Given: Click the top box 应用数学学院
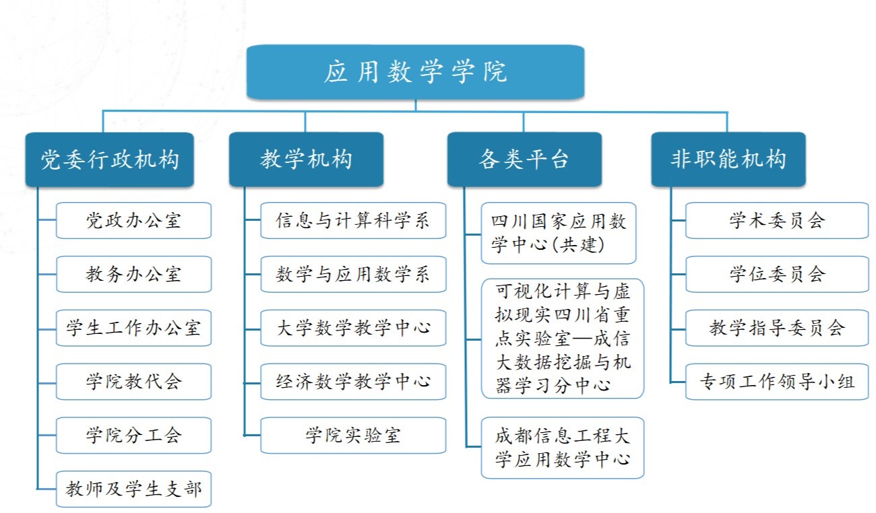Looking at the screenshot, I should click(415, 71).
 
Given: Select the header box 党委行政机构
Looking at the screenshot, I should click(110, 160).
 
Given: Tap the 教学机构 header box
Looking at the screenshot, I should click(306, 160).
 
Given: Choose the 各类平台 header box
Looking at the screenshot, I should click(524, 160).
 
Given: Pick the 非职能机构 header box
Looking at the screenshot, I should click(728, 160).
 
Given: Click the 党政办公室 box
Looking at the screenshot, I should click(133, 220).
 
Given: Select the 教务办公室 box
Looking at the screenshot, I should click(133, 274).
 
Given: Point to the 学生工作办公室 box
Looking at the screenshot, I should click(133, 328).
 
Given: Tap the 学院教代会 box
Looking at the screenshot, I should click(133, 382).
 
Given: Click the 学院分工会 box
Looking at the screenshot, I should click(133, 436).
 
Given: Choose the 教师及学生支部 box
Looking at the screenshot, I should click(133, 489).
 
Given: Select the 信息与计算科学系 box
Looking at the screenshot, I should click(353, 220).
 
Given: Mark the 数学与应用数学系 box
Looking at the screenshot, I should click(353, 274).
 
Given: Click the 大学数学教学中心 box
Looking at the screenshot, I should click(353, 328).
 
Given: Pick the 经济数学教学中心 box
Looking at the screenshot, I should click(353, 382).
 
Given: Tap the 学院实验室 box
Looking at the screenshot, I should click(353, 436).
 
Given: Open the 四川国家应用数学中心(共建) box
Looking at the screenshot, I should click(559, 233).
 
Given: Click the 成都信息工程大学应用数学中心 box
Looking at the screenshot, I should click(563, 448).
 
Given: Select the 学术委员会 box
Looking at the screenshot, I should click(777, 220).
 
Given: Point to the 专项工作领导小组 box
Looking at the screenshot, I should click(777, 382).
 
